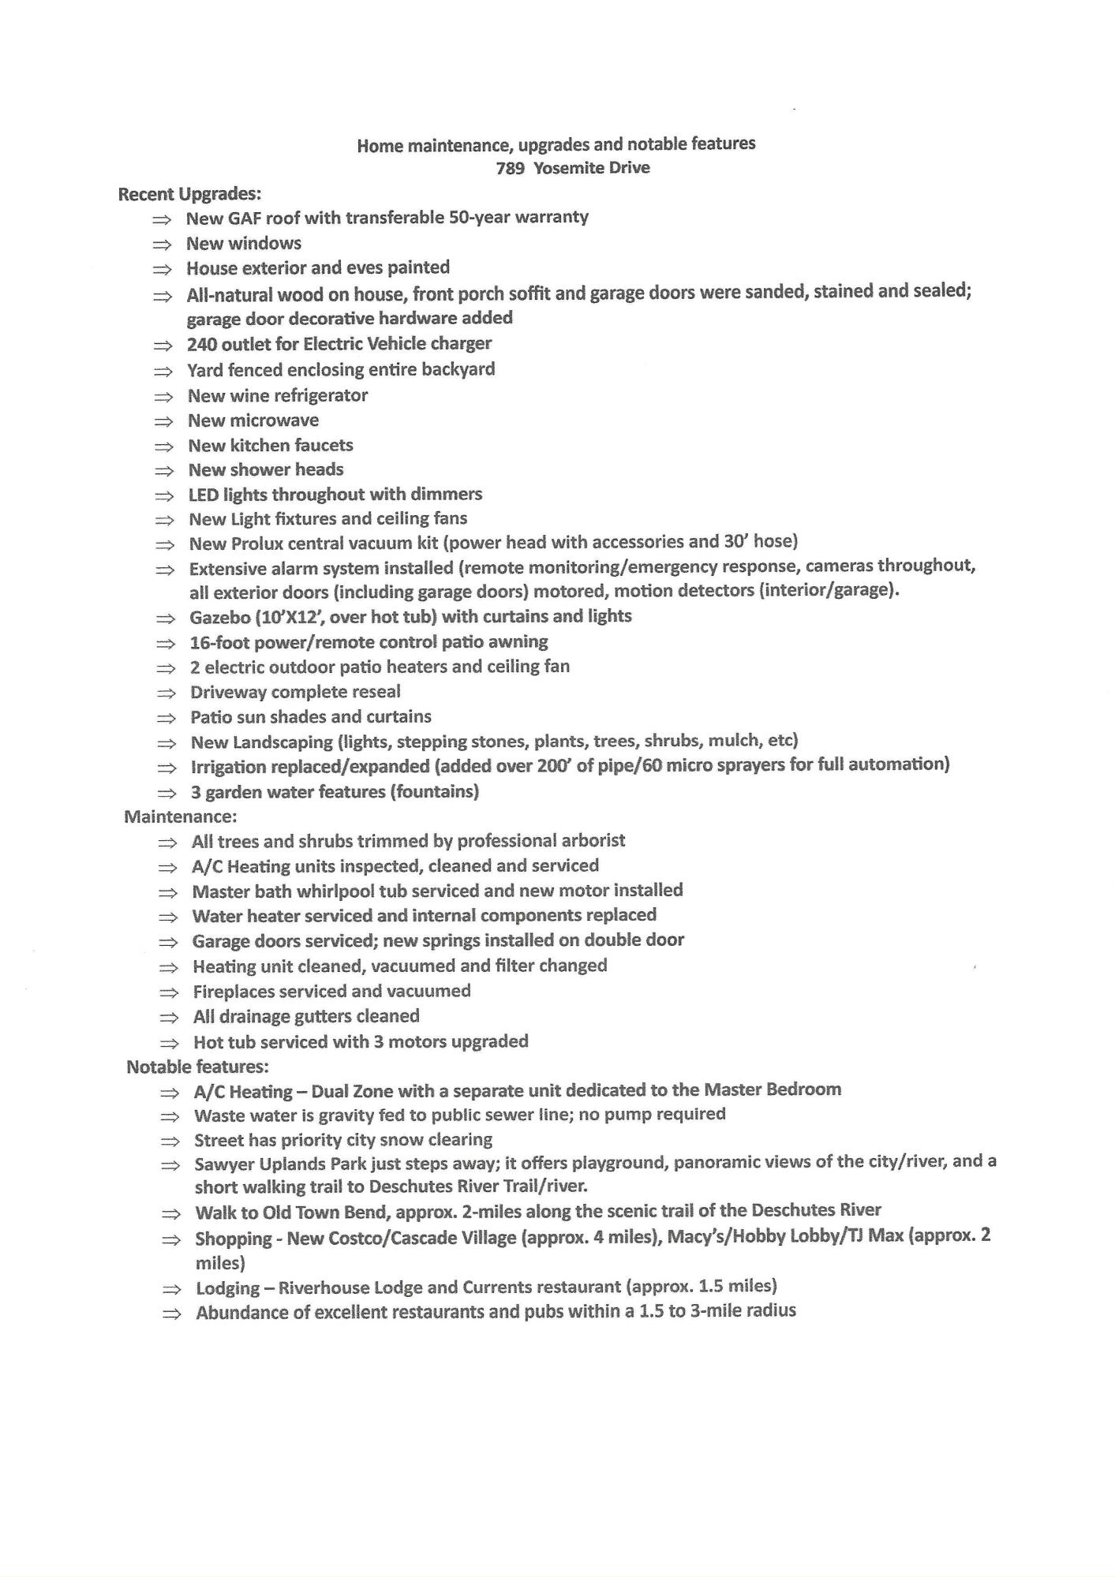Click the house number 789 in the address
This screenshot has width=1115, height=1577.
(x=510, y=169)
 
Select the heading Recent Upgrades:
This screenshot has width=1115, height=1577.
(x=189, y=194)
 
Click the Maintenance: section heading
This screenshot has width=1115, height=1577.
(x=180, y=817)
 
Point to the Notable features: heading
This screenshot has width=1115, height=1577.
(x=197, y=1067)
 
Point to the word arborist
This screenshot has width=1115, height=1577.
(x=590, y=841)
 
